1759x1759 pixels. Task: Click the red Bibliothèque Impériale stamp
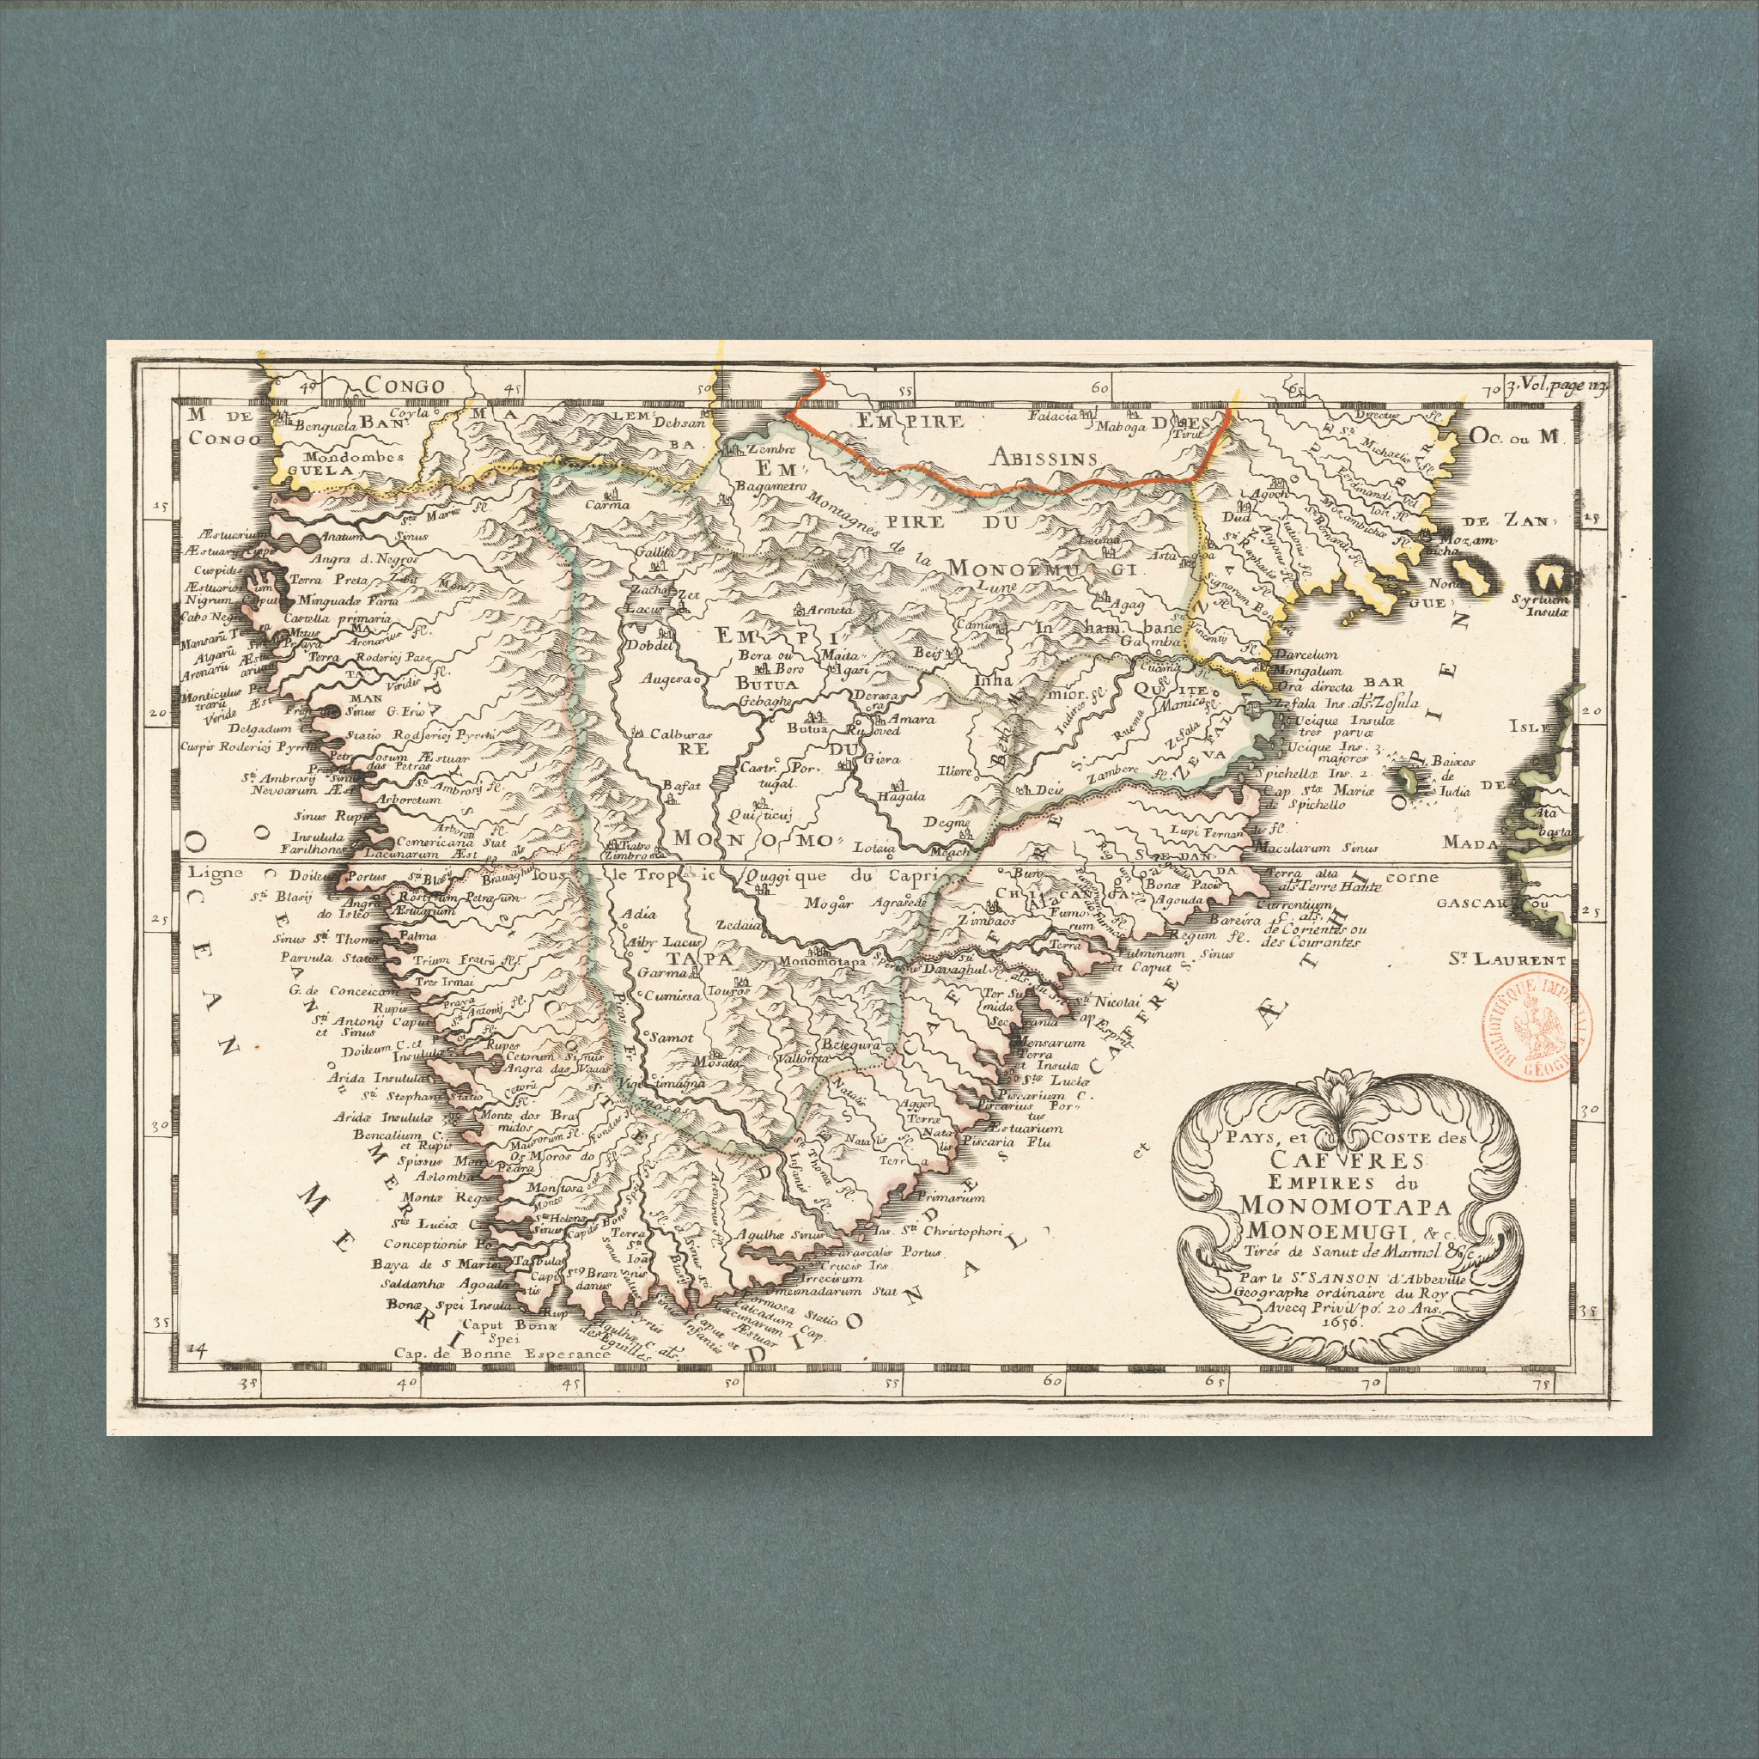(x=1537, y=1029)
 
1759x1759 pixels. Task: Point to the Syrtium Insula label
(x=1538, y=606)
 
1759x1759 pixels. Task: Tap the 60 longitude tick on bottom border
(x=1052, y=1382)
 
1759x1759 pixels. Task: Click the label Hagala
(x=900, y=795)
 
